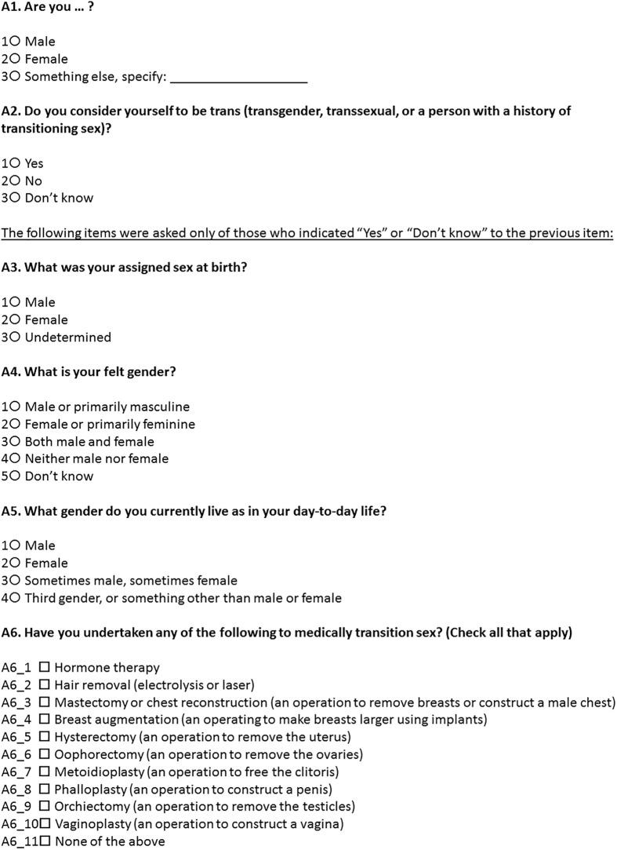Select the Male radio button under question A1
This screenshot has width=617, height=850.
[15, 42]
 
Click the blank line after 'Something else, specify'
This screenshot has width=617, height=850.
[238, 78]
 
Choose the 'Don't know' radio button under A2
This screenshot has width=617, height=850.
[15, 199]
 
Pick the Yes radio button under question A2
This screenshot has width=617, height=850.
[15, 164]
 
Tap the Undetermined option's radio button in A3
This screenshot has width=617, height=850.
[15, 337]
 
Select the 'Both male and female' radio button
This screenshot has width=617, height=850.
[15, 442]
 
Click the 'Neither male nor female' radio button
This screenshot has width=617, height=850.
[15, 459]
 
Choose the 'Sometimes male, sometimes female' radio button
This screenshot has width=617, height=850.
[15, 581]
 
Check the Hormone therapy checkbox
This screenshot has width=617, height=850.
[45, 668]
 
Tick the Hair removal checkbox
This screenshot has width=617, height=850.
[45, 685]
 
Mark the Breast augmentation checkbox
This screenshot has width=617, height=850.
[45, 720]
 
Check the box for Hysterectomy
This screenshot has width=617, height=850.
[45, 737]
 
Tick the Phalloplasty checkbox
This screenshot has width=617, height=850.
[45, 790]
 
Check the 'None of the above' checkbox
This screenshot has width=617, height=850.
[45, 841]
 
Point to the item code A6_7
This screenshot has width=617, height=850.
[16, 772]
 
